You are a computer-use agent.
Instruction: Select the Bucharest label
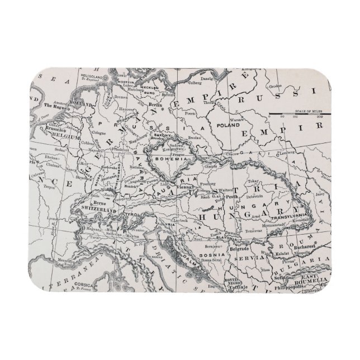click(x=305, y=246)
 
